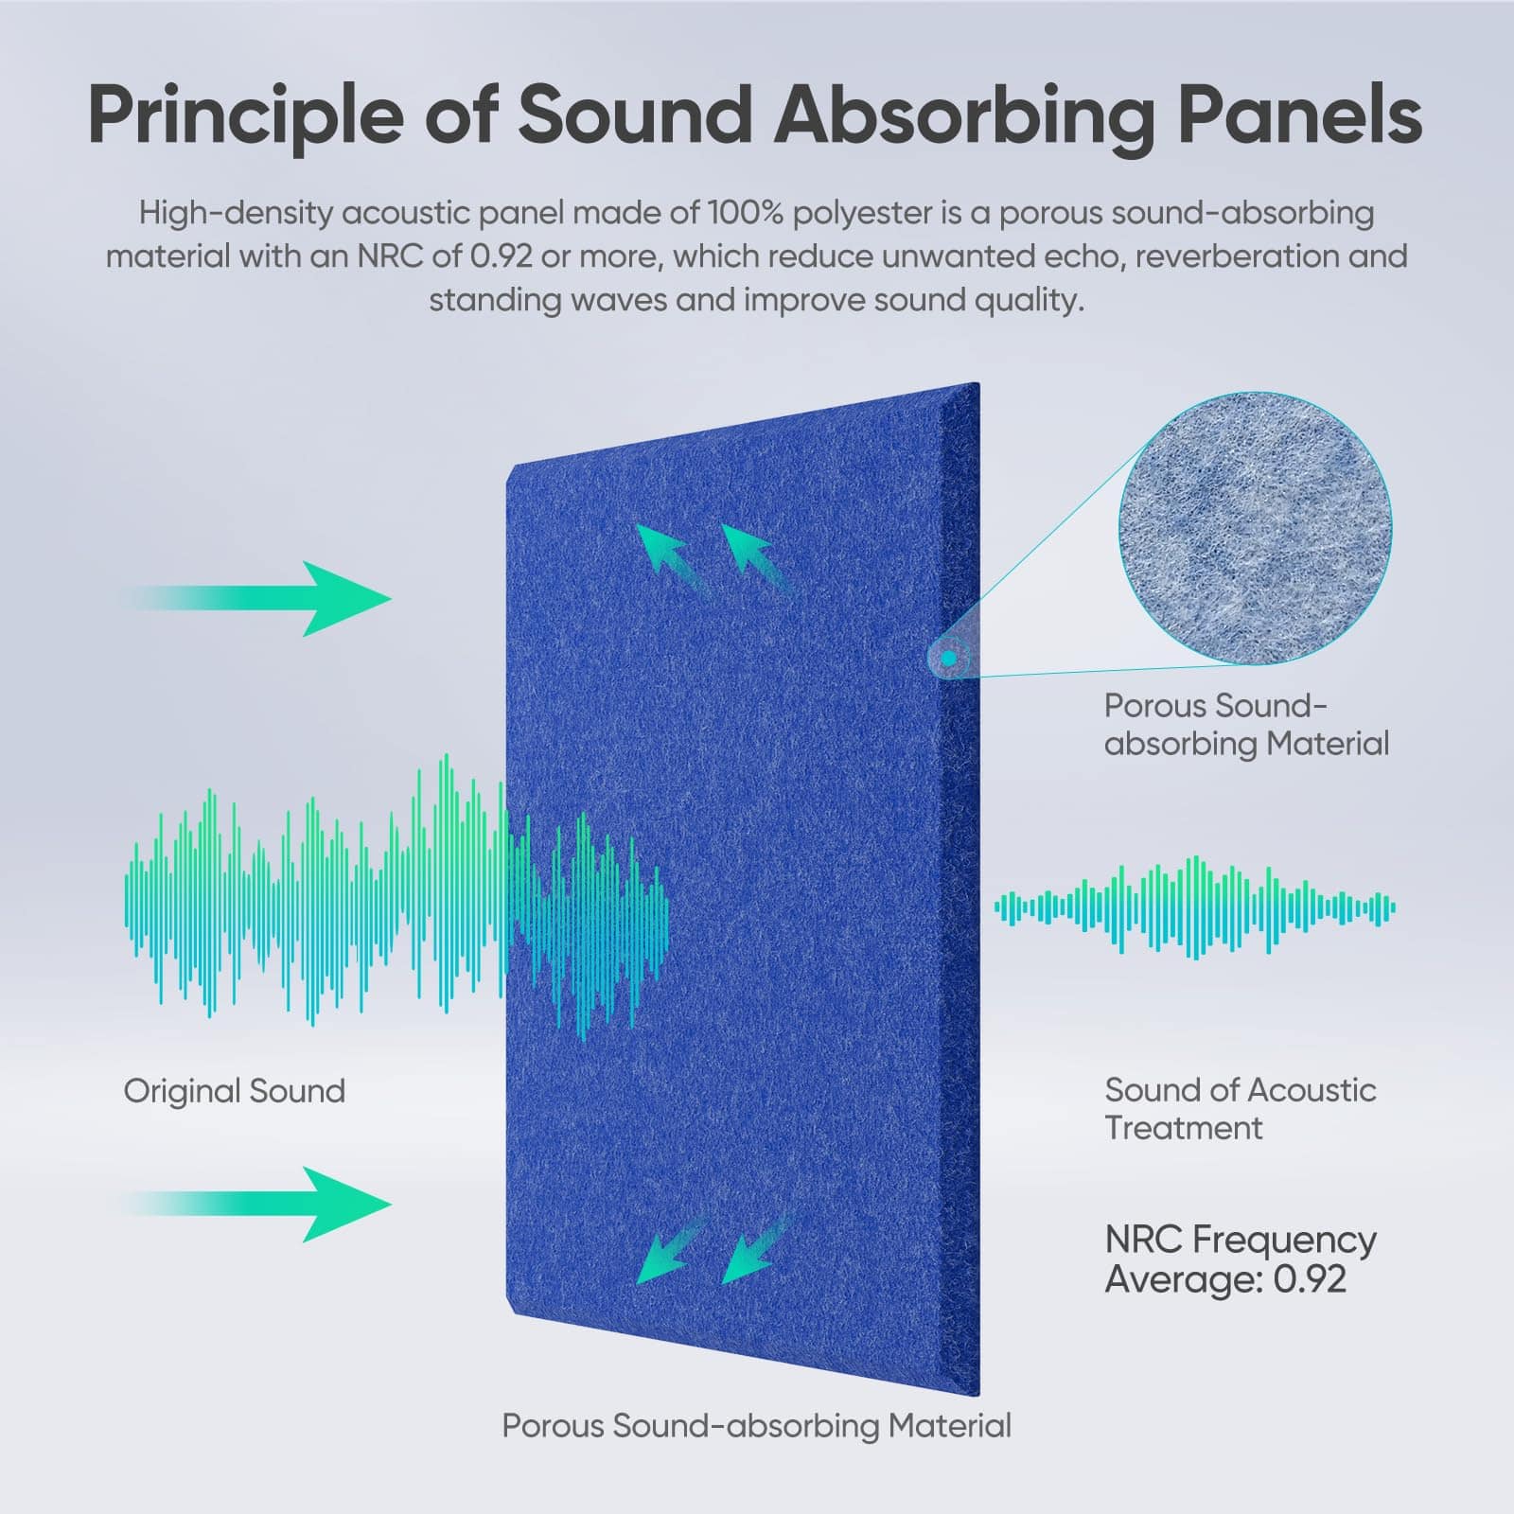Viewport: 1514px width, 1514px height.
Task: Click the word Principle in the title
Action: tap(246, 115)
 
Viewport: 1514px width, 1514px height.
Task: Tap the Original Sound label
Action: tap(235, 1091)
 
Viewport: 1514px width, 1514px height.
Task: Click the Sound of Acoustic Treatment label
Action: tap(1241, 1109)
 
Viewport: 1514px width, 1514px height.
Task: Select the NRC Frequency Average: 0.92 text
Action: tap(1241, 1259)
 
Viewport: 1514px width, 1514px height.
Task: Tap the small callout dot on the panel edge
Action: tap(948, 656)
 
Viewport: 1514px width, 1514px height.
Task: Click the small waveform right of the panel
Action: tap(1195, 908)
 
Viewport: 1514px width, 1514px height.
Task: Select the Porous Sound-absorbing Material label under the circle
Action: tap(1246, 725)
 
